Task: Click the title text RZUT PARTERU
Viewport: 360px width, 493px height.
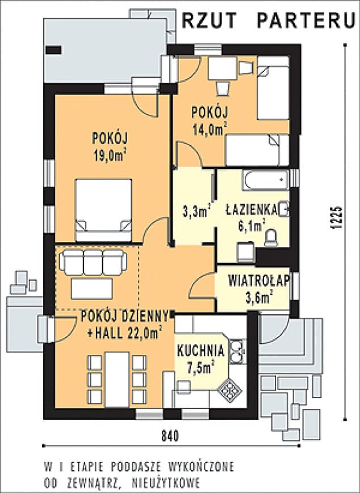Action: point(269,21)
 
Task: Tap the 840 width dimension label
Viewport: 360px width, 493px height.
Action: point(170,436)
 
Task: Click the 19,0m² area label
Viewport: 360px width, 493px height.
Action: point(110,155)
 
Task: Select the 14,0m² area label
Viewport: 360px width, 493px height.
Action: point(210,129)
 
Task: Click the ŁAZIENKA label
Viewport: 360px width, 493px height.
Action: point(252,210)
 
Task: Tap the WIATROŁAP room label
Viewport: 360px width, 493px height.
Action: point(258,281)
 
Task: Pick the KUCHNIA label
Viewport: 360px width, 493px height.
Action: point(201,351)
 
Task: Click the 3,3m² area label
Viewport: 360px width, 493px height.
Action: point(196,212)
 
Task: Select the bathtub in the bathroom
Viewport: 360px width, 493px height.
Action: point(266,180)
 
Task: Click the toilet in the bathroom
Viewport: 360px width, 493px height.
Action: point(271,238)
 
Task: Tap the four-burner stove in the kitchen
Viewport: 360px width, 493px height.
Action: point(229,390)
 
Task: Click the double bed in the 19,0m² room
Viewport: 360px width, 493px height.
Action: point(103,210)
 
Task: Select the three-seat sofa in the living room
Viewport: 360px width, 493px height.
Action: point(93,262)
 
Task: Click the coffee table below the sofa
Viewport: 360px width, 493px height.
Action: point(92,289)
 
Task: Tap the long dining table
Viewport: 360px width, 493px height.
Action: point(117,380)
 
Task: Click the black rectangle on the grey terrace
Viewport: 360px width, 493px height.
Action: point(53,50)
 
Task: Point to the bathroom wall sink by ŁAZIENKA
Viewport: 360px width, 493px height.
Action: point(284,208)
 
